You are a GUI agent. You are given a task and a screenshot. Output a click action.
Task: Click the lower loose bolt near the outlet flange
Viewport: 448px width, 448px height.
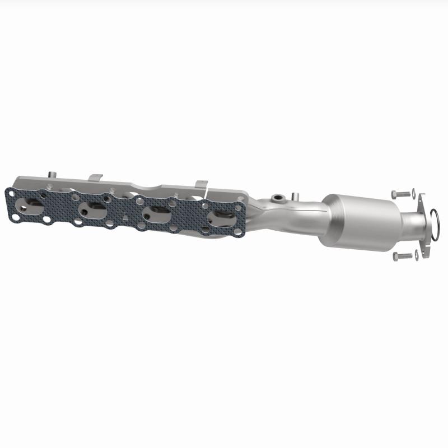401,255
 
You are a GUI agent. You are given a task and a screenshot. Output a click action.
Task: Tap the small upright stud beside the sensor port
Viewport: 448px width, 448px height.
293,197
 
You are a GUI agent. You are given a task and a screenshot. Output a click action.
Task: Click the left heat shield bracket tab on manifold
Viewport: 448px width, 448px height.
96,178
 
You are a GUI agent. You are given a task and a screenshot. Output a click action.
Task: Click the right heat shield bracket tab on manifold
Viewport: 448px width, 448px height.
201,184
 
